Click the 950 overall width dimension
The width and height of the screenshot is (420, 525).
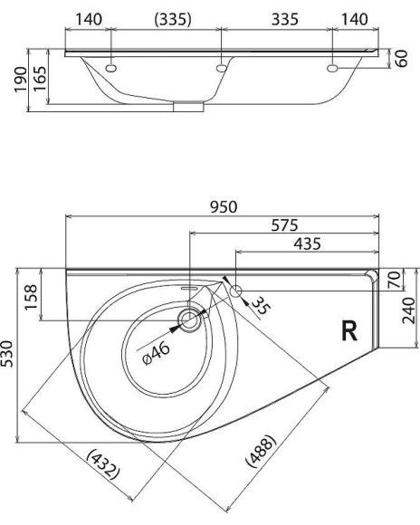coord(224,206)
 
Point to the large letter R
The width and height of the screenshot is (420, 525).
coord(348,331)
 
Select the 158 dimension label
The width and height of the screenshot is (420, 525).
coord(30,295)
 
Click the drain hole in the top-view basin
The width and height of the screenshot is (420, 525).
coord(190,319)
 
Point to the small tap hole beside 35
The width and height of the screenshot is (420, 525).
coord(235,291)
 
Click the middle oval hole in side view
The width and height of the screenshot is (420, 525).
coord(221,68)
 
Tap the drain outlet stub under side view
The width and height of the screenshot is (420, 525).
coord(189,107)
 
